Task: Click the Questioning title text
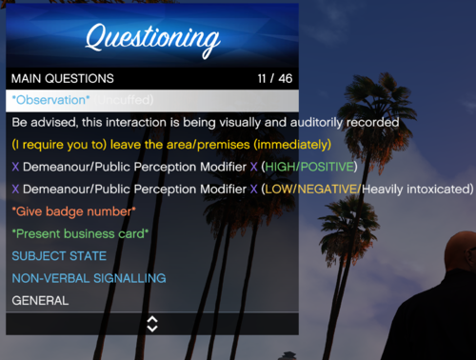click(152, 38)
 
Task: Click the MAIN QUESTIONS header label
click(63, 78)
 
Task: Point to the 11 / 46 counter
click(275, 78)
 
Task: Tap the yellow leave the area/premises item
click(171, 145)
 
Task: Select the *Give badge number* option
click(74, 210)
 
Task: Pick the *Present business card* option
click(80, 233)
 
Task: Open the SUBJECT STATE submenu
click(59, 255)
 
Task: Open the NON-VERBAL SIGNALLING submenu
click(89, 277)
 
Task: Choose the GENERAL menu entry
click(40, 300)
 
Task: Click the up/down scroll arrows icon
click(152, 323)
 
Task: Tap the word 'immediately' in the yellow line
click(295, 145)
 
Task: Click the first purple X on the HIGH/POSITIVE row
click(15, 167)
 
